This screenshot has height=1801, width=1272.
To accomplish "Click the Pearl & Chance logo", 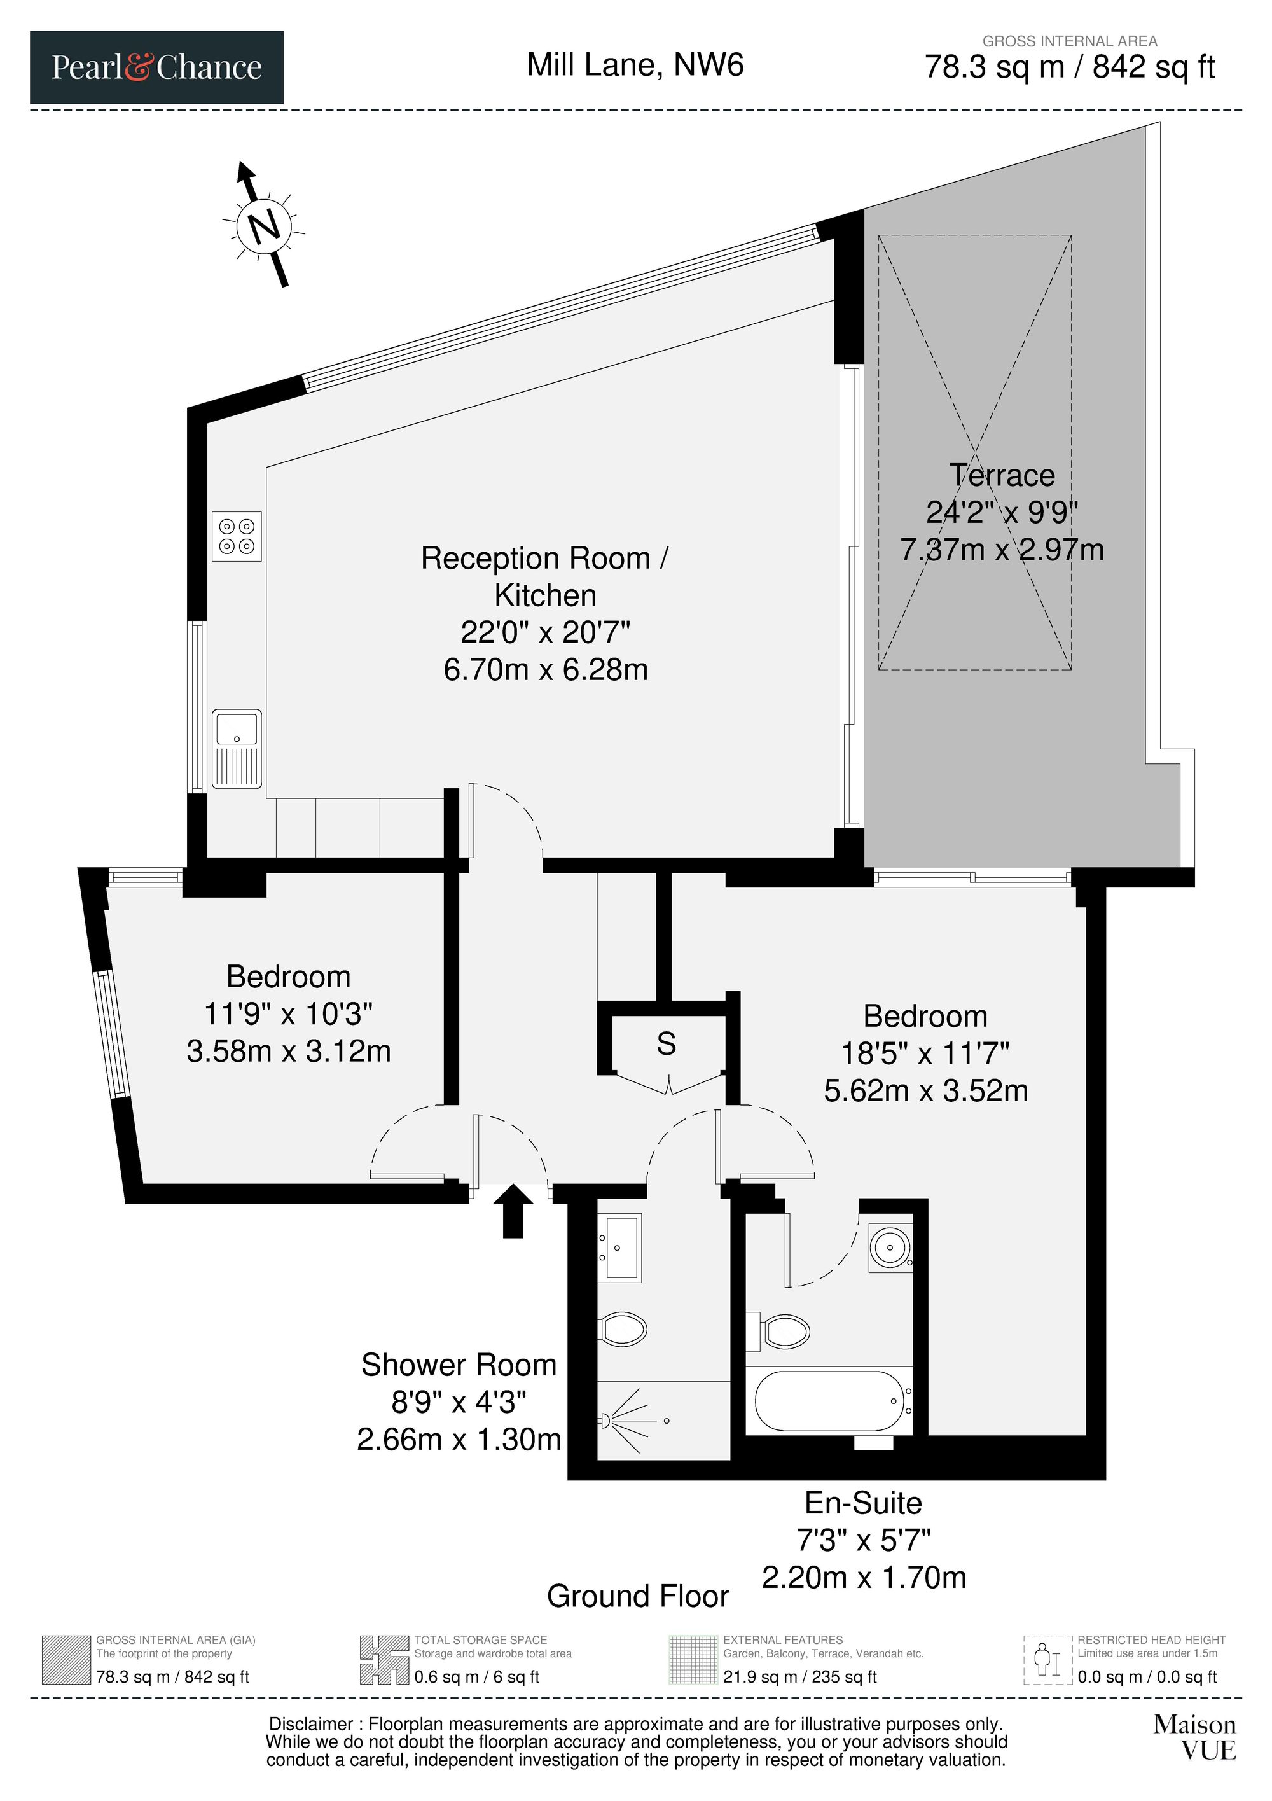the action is click(x=157, y=67).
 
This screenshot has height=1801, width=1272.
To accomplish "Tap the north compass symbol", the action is click(x=265, y=225).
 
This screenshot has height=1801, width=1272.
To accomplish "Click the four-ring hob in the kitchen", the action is click(x=237, y=536).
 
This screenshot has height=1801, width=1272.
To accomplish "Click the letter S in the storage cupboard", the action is click(x=667, y=1043).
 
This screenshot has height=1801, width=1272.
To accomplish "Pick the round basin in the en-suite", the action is click(x=891, y=1245).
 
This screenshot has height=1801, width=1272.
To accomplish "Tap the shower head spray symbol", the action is click(x=625, y=1421).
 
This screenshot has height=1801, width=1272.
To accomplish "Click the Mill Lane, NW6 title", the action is click(x=635, y=64).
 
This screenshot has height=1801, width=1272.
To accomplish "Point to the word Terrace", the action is click(x=1002, y=475).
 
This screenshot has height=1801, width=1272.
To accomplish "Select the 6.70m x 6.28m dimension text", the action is click(x=546, y=670).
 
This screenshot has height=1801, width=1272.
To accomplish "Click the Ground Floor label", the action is click(x=637, y=1596).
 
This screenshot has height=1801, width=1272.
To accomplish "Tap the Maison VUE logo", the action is click(x=1194, y=1737).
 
